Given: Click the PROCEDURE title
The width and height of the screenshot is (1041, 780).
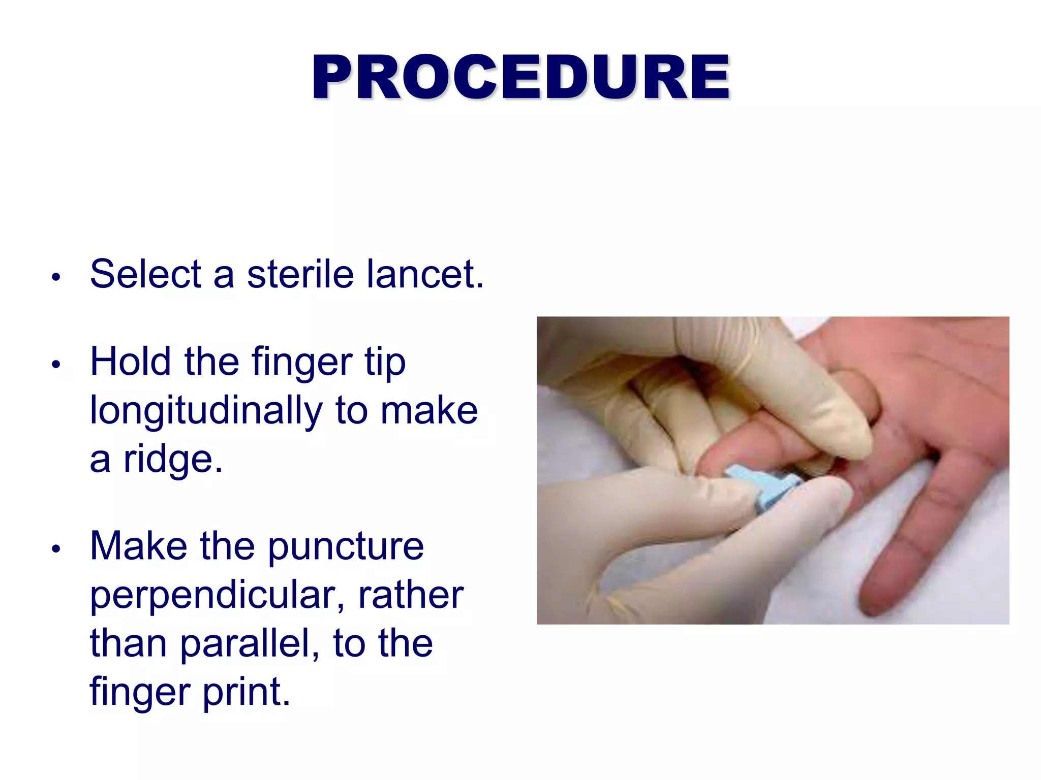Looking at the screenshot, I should coord(520,77).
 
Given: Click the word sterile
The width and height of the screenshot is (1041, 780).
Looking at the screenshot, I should coord(300,274).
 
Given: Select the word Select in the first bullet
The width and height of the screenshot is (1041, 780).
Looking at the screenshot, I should coord(145,274).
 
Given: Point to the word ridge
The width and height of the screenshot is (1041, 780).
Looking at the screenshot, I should coord(173,460).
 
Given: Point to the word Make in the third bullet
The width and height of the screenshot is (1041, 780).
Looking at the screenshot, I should coord(138,546).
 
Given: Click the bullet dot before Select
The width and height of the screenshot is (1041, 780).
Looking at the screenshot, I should coord(56,277).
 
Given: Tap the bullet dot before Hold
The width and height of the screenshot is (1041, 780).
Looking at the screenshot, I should coord(56,365).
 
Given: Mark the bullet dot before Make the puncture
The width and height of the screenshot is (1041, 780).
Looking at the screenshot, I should coord(56,549).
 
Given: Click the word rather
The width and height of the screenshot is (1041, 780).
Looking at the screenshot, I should coord(411,595).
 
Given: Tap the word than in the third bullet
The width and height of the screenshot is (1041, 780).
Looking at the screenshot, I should coord(128,643).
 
